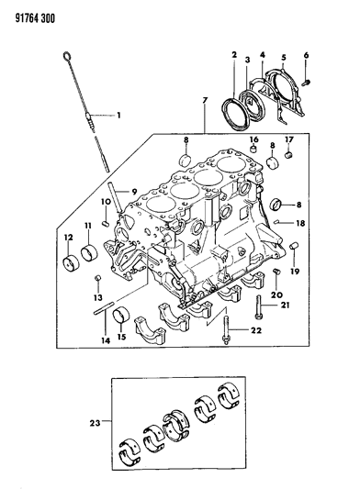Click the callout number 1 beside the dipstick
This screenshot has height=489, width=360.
click(x=118, y=116)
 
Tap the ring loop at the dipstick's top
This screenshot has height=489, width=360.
click(x=67, y=56)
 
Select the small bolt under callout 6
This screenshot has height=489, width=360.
click(x=306, y=83)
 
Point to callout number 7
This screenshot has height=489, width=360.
click(x=205, y=100)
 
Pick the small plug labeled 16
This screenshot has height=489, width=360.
click(x=254, y=150)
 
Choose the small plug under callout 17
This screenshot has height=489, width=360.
click(x=289, y=154)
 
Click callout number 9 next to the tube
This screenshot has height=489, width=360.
click(x=134, y=192)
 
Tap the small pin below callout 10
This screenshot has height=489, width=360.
click(x=106, y=223)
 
